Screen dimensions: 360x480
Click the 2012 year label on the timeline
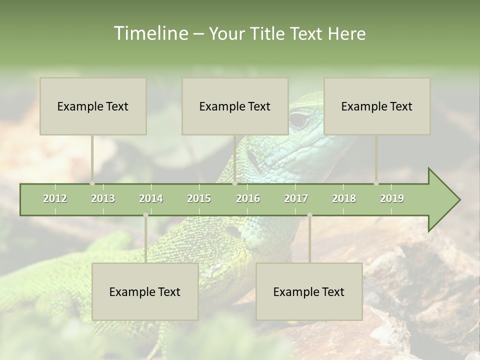coord(55,198)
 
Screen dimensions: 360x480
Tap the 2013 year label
coord(103,198)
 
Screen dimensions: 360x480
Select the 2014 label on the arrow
coord(151,198)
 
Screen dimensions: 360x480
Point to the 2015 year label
coord(199,198)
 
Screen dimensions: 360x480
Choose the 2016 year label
coord(248,198)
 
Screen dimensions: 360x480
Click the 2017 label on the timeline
coord(296,198)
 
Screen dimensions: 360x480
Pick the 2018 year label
coord(344,198)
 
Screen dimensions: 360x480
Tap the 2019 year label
coord(392,198)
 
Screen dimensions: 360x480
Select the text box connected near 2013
coord(93,106)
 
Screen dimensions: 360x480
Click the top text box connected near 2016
coord(235,106)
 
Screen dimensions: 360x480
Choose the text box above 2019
coord(377,106)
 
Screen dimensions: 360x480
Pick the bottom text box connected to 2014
coord(145,291)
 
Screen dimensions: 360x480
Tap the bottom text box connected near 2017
coord(309,291)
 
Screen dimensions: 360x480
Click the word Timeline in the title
coord(149,33)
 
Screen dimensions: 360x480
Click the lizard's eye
coord(300,120)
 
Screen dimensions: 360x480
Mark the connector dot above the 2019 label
coord(376,183)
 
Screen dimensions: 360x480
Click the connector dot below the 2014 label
coord(145,215)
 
